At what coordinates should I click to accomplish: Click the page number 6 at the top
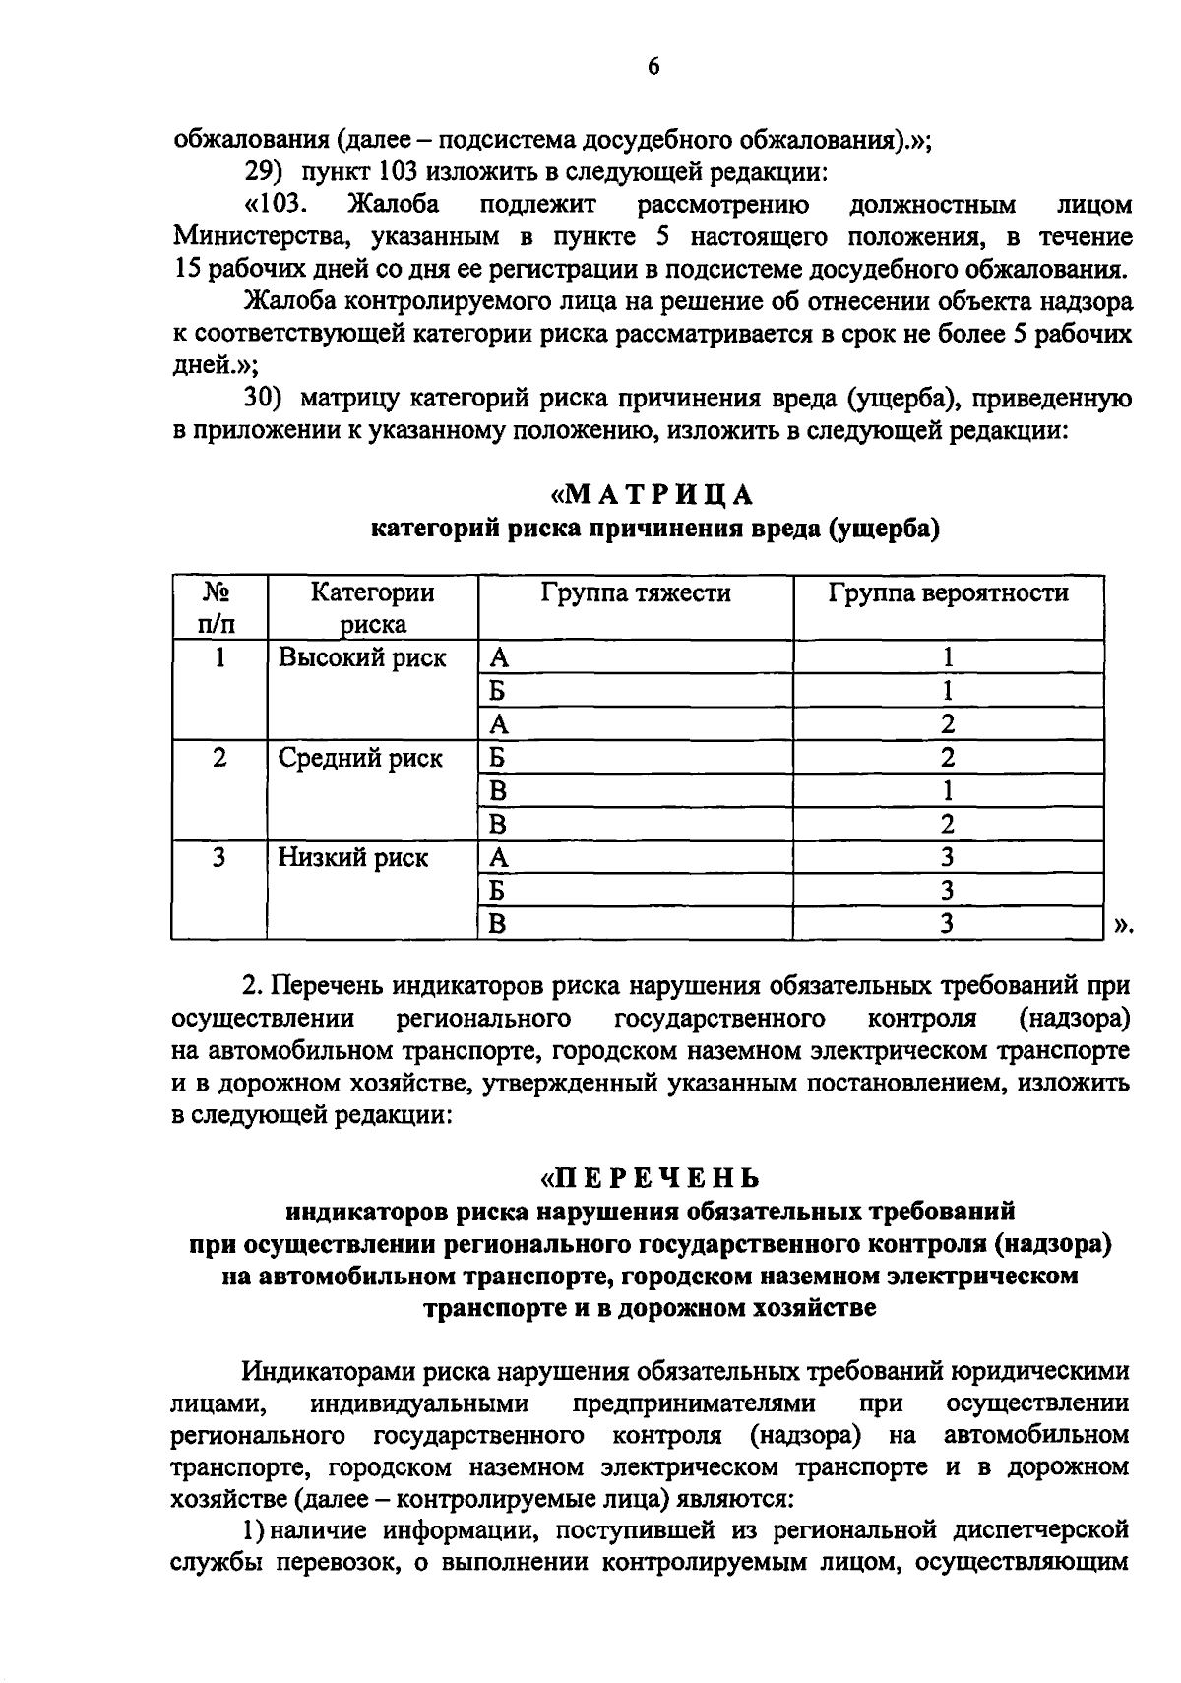tap(653, 66)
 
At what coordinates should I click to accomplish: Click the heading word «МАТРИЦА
tap(653, 493)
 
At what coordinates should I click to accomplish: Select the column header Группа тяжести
tap(635, 592)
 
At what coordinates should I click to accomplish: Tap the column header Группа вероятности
tap(948, 592)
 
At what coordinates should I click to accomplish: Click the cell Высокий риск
tap(362, 657)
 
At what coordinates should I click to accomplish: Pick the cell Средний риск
tap(360, 758)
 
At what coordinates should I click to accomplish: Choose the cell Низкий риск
tap(353, 857)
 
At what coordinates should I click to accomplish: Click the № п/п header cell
tap(218, 608)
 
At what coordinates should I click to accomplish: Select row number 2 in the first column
tap(218, 758)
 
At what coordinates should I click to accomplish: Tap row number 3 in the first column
tap(218, 857)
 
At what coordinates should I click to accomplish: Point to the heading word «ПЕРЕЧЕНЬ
tap(653, 1177)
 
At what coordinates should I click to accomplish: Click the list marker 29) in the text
tap(263, 173)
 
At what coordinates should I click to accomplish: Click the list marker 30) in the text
tap(263, 399)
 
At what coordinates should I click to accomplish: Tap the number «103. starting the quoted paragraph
tap(277, 206)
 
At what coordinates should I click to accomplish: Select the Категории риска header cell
tap(372, 608)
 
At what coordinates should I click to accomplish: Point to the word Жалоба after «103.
tap(393, 206)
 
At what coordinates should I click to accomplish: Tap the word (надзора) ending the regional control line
tap(1074, 1017)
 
